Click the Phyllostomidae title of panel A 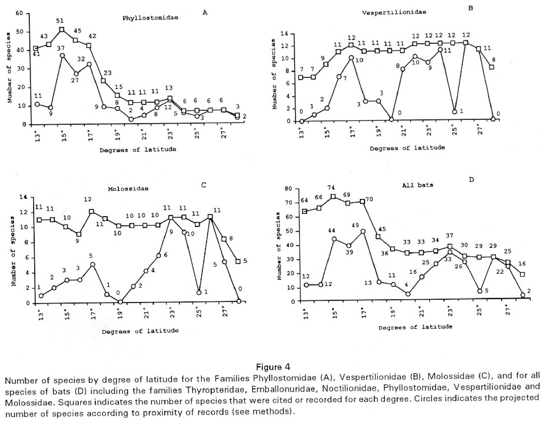tap(150, 18)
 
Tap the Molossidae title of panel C tap(128, 188)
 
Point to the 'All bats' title tap(418, 185)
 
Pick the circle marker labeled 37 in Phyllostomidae tap(62, 55)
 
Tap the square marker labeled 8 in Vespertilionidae tap(492, 67)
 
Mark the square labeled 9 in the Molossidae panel tap(78, 234)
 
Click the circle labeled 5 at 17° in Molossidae tap(93, 264)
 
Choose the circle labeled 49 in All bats tap(363, 232)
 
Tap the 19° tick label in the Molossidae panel tap(120, 314)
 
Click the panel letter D tap(471, 180)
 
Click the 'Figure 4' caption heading tap(273, 367)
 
